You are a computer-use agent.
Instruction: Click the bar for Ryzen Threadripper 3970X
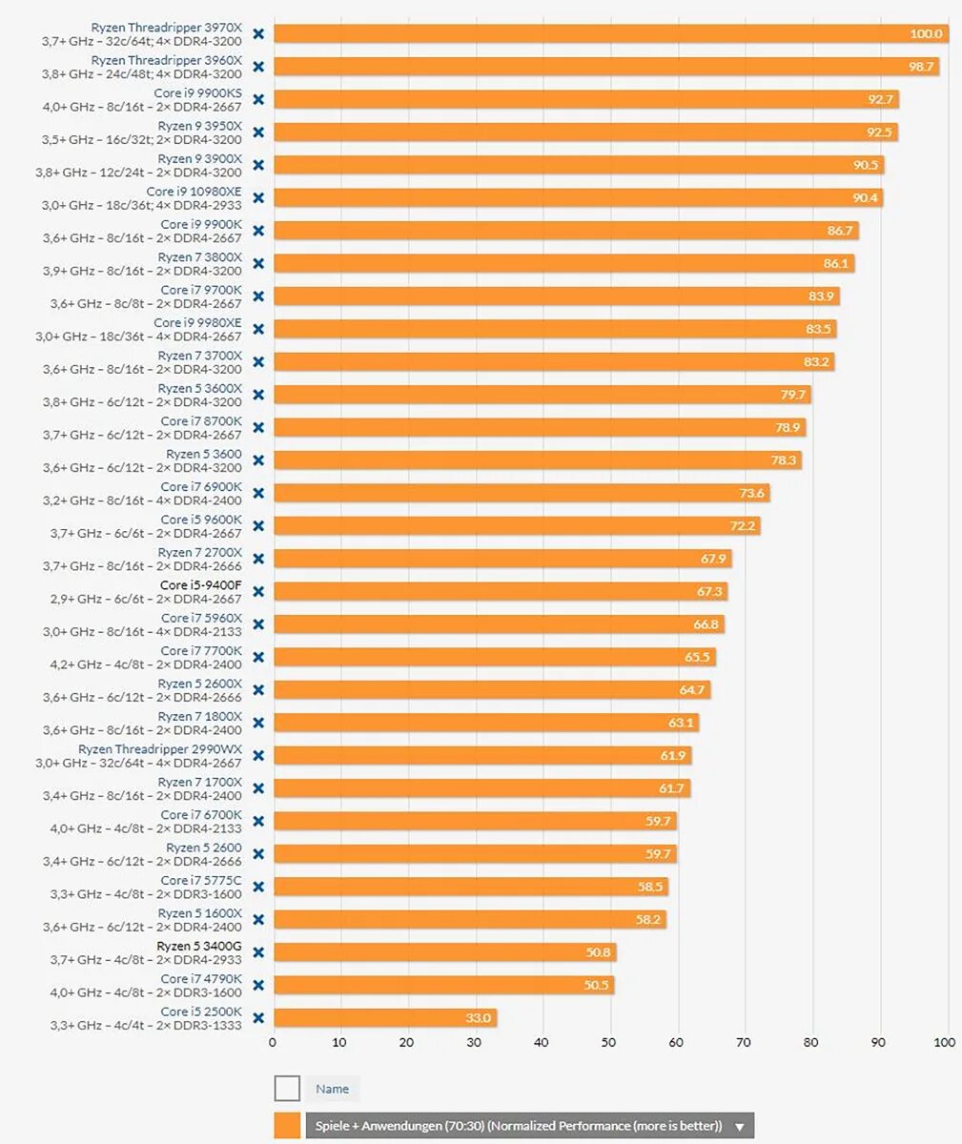[x=610, y=34]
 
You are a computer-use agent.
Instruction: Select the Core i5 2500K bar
[x=385, y=1017]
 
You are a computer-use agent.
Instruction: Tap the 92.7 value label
[x=880, y=99]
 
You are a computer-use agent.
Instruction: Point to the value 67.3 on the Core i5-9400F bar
[x=709, y=591]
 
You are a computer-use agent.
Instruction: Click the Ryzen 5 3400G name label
[x=199, y=946]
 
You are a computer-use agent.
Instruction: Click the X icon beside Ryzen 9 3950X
[x=257, y=133]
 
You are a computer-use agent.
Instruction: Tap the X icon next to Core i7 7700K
[x=257, y=657]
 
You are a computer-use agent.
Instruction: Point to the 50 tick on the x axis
[x=609, y=1042]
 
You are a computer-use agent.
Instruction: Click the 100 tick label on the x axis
[x=944, y=1042]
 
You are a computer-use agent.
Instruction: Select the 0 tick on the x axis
[x=273, y=1042]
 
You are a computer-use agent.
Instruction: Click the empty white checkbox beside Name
[x=287, y=1088]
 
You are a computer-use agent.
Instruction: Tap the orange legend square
[x=287, y=1126]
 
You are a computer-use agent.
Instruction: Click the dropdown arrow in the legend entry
[x=740, y=1127]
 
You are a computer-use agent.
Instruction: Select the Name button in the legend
[x=332, y=1089]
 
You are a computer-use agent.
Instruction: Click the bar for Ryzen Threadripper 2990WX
[x=482, y=755]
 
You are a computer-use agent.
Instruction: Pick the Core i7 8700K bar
[x=540, y=427]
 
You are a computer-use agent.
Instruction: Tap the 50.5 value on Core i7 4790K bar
[x=596, y=985]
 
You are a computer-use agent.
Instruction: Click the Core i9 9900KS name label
[x=198, y=93]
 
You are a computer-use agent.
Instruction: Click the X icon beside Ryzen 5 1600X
[x=257, y=919]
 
